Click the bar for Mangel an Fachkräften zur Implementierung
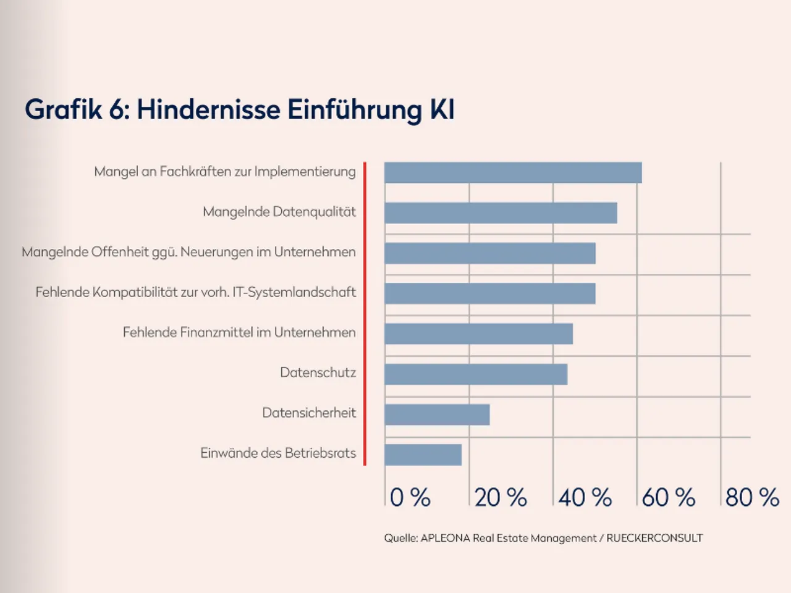(x=513, y=173)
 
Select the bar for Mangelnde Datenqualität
(x=501, y=213)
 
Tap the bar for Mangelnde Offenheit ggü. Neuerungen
(x=489, y=253)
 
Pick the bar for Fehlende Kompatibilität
(x=489, y=293)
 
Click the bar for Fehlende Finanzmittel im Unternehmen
(x=478, y=334)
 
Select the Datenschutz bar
(x=476, y=374)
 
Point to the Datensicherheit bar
(x=437, y=414)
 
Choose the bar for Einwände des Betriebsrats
(x=423, y=455)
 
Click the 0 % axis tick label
(x=410, y=497)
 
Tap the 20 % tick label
(x=501, y=497)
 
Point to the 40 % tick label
(x=585, y=497)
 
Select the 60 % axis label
(x=669, y=497)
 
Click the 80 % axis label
(x=752, y=497)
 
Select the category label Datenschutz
(x=318, y=372)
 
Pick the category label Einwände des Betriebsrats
(x=278, y=453)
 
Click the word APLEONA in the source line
(x=445, y=538)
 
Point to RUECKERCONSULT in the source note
(x=654, y=538)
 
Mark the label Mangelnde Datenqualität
(x=279, y=212)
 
